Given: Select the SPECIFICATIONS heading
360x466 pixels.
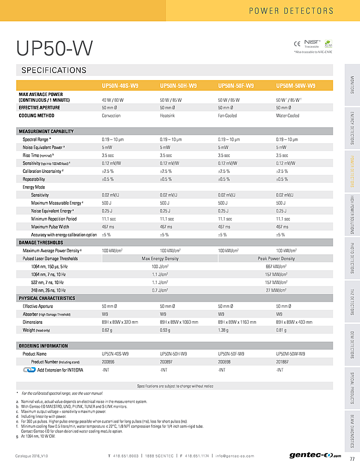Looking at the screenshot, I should click(54, 70).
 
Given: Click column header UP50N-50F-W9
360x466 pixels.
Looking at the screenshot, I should click(236, 86).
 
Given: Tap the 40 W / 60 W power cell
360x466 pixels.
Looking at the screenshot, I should click(113, 100).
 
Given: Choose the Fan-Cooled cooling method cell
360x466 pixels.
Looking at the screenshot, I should click(229, 116).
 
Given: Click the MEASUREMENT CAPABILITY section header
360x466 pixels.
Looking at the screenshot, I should click(46, 131).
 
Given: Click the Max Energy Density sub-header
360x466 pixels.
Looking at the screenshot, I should click(160, 258).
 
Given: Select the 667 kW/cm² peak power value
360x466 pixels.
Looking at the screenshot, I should click(276, 266).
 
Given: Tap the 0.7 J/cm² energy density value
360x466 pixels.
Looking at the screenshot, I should click(160, 290).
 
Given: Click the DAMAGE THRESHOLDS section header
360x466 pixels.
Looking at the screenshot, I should click(41, 243).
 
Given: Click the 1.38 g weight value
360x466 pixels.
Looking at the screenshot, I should click(223, 330).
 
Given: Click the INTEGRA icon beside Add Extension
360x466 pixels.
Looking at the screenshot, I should click(29, 370).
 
